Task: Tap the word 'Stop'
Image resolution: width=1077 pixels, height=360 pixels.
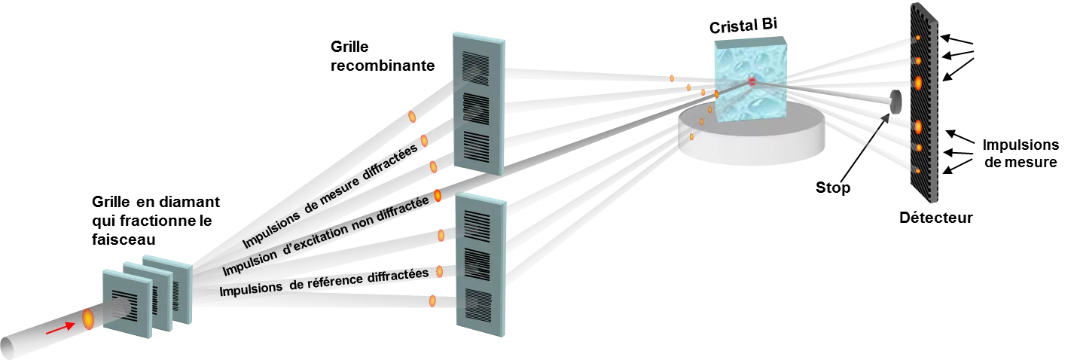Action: pos(833,187)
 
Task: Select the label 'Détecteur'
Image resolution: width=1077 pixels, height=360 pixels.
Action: pos(936,218)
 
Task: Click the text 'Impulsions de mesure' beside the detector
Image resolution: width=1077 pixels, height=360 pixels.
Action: pos(1021,153)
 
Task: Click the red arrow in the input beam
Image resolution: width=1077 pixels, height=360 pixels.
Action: pos(55,329)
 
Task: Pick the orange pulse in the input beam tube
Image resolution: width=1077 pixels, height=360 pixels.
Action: pos(87,319)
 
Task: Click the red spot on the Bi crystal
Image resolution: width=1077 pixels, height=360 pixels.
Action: pos(751,81)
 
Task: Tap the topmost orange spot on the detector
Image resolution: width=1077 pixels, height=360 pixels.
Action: pos(918,38)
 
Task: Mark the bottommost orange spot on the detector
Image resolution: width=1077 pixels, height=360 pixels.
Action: pos(918,171)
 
